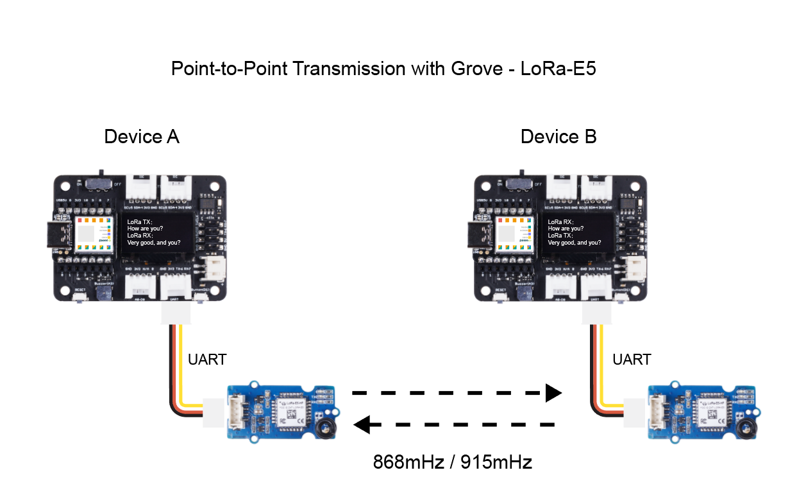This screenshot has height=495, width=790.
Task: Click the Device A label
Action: pyautogui.click(x=142, y=137)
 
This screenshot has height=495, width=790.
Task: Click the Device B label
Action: pyautogui.click(x=559, y=137)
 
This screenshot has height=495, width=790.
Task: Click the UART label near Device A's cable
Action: pyautogui.click(x=207, y=360)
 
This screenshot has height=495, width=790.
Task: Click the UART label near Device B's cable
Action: pyautogui.click(x=632, y=360)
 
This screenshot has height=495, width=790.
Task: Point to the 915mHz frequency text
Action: pyautogui.click(x=496, y=462)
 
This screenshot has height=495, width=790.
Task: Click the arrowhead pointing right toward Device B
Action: pyautogui.click(x=553, y=392)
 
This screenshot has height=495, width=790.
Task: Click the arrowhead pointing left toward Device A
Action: pyautogui.click(x=362, y=424)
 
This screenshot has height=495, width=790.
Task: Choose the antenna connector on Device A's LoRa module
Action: pyautogui.click(x=327, y=427)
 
